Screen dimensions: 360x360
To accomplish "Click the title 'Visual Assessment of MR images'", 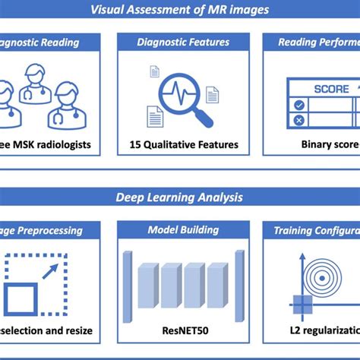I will [x=180, y=10].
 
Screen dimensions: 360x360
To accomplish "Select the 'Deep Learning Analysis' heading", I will [x=180, y=197].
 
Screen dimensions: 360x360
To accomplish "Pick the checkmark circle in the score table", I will [x=299, y=105].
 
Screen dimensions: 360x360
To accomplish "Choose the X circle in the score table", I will [x=299, y=120].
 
